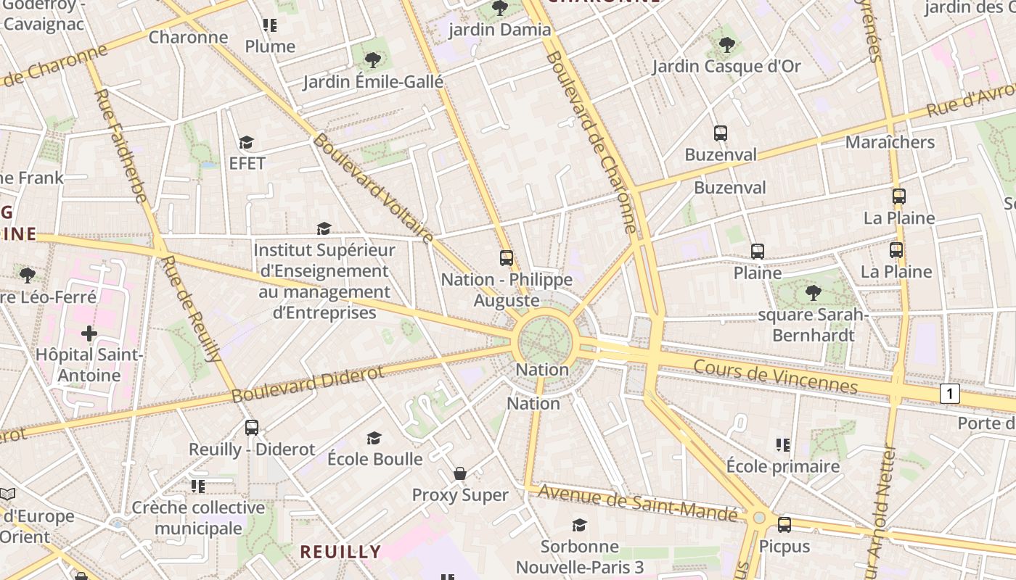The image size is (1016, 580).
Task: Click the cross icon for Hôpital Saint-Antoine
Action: coord(89,333)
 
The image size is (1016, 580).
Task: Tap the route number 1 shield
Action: coord(949,394)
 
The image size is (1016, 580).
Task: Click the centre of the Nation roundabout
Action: coord(546,340)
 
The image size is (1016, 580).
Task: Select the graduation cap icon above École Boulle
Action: coord(374,438)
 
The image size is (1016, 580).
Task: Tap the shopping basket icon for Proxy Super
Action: coord(460,473)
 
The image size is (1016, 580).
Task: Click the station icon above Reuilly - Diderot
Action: coord(252,428)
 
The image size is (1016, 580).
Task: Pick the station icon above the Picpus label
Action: coord(784,525)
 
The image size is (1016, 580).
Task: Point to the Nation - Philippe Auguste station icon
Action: coord(507,258)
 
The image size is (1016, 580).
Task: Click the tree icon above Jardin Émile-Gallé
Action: coord(373,60)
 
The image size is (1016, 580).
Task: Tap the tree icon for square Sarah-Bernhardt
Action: coord(813,293)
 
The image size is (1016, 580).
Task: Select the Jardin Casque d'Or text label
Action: coord(726,67)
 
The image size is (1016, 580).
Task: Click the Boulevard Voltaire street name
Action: coord(373,188)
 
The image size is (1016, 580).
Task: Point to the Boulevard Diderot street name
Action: coord(308,385)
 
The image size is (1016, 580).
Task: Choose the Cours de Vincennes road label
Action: coord(775,376)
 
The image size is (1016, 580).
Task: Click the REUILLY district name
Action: coord(340,552)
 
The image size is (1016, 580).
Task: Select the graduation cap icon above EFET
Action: coord(247,142)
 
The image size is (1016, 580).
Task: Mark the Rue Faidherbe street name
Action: coord(121,145)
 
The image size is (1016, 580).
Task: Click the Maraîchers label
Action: coord(890,142)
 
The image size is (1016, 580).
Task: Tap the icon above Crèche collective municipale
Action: coord(198,486)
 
